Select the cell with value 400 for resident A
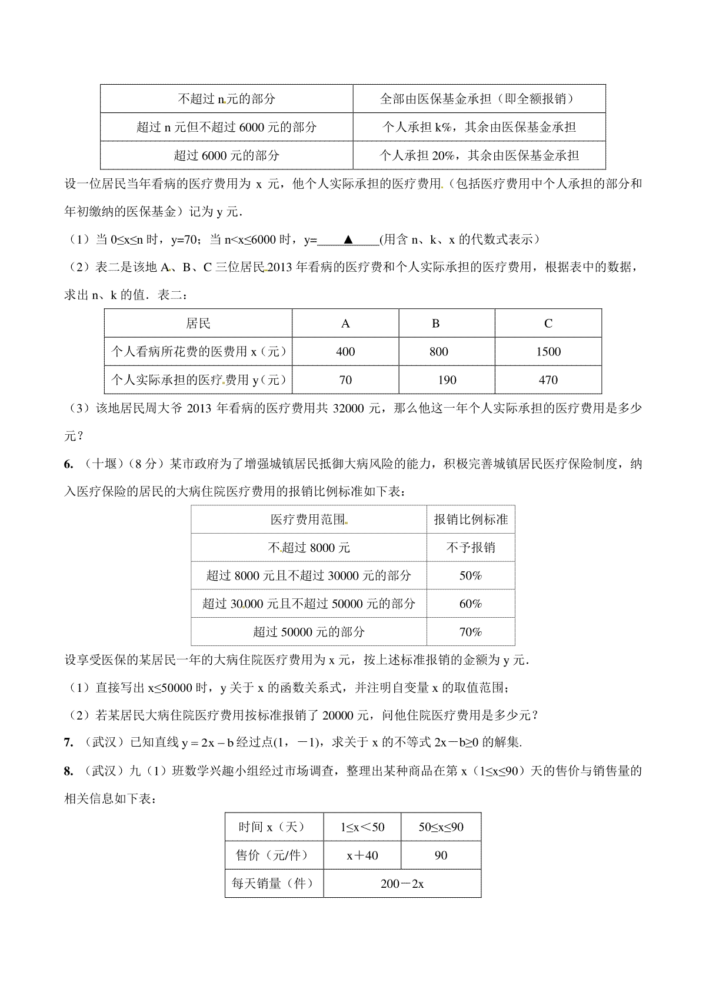pyautogui.click(x=345, y=352)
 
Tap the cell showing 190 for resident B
pyautogui.click(x=447, y=380)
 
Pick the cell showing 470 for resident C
pyautogui.click(x=548, y=380)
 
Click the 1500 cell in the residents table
pyautogui.click(x=548, y=352)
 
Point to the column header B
pyautogui.click(x=435, y=324)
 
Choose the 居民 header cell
pyautogui.click(x=198, y=324)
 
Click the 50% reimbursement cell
pyautogui.click(x=470, y=576)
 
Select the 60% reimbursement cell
pyautogui.click(x=470, y=604)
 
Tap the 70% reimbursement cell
pyautogui.click(x=470, y=632)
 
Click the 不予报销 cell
pyautogui.click(x=470, y=548)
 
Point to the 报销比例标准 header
pyautogui.click(x=470, y=520)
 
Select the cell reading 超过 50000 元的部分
pyautogui.click(x=309, y=632)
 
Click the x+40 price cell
pyautogui.click(x=362, y=855)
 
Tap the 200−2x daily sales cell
pyautogui.click(x=402, y=884)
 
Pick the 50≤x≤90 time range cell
pyautogui.click(x=441, y=827)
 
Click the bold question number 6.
pyautogui.click(x=68, y=464)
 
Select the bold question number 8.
pyautogui.click(x=68, y=771)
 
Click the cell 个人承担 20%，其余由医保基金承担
pyautogui.click(x=479, y=155)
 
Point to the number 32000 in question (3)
pyautogui.click(x=349, y=408)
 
